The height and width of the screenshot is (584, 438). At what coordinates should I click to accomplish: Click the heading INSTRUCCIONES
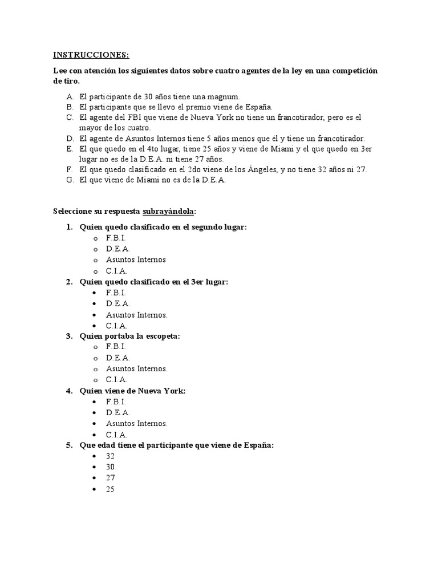coord(91,55)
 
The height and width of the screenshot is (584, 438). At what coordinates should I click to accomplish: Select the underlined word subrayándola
coord(168,211)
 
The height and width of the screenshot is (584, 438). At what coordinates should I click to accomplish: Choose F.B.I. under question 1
coord(116,238)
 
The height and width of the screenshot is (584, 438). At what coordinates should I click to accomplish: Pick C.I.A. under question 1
coord(116,271)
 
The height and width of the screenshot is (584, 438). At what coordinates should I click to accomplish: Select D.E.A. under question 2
coord(117,303)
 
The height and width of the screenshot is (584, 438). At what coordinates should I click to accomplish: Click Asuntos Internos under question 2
coord(136,314)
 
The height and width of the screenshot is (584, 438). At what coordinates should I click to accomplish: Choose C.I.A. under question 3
coord(116,379)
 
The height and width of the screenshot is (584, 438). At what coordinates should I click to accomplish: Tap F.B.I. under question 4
coord(116,401)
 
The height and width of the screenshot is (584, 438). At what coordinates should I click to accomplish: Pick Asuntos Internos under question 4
coord(136,423)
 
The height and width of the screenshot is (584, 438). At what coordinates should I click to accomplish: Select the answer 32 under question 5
coord(110,456)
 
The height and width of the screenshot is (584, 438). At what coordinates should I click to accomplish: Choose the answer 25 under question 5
coord(110,489)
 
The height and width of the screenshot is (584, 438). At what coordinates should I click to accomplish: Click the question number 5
coord(69,445)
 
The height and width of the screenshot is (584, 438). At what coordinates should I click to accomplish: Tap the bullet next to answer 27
coord(93,478)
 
